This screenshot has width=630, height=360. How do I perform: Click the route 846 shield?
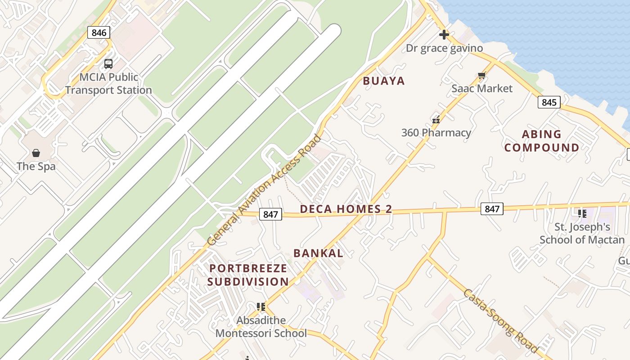click(x=99, y=32)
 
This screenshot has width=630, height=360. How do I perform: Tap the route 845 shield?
click(x=549, y=102)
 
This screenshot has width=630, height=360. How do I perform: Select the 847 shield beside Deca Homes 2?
click(x=270, y=215)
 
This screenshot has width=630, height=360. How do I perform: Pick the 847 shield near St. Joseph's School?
click(x=492, y=209)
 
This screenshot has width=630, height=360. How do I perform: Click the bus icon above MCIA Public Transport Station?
click(x=108, y=64)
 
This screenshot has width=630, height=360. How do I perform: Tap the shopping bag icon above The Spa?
click(x=36, y=153)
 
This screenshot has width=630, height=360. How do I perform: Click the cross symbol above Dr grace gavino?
click(x=444, y=35)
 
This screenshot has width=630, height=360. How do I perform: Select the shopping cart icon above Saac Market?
click(x=482, y=76)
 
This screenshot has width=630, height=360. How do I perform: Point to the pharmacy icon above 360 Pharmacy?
click(x=436, y=120)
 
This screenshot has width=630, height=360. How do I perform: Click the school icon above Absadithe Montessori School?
click(x=261, y=307)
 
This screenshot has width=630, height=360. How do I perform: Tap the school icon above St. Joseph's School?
click(x=582, y=213)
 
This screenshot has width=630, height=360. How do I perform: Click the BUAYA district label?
click(x=384, y=81)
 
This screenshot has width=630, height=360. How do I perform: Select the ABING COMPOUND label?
click(x=542, y=141)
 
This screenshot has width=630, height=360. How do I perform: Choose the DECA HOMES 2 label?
click(x=346, y=209)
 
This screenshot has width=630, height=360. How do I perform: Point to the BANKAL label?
click(x=318, y=253)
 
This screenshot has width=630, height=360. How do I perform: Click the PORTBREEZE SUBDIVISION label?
click(x=248, y=275)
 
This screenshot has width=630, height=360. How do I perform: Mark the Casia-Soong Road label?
click(x=500, y=320)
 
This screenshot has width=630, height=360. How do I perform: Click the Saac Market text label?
click(x=482, y=89)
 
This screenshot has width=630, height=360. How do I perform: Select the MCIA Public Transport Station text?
click(x=108, y=84)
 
